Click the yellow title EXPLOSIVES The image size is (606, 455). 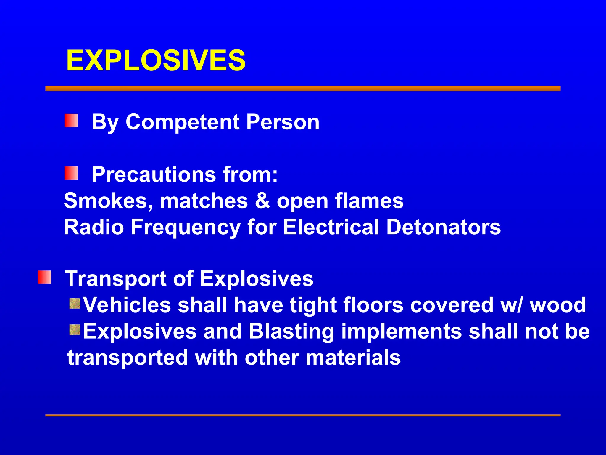(x=156, y=60)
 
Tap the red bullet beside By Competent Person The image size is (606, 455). (x=71, y=121)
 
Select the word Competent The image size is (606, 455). (x=183, y=122)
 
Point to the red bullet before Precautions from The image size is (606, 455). (x=71, y=173)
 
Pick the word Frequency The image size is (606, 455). (x=186, y=227)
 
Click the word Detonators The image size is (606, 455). (x=444, y=227)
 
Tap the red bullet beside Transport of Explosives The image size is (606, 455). (x=45, y=277)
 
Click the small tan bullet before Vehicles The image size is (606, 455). (x=75, y=304)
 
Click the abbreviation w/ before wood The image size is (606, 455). (x=512, y=305)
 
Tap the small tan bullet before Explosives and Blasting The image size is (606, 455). (x=75, y=330)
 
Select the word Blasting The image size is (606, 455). (x=291, y=331)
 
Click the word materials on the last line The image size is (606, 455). (x=353, y=357)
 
